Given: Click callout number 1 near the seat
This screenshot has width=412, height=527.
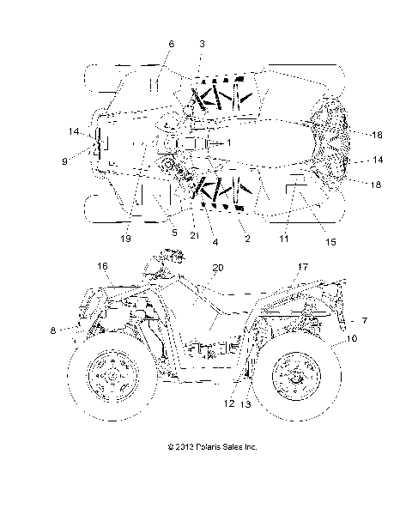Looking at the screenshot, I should pos(230,142).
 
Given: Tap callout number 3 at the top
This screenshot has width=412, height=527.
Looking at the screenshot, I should pos(201,43).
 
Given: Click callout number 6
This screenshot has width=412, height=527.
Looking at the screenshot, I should pos(172,43).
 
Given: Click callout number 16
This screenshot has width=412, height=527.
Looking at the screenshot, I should pos(104,267).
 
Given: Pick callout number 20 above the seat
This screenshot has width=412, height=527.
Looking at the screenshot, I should pos(219,267).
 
